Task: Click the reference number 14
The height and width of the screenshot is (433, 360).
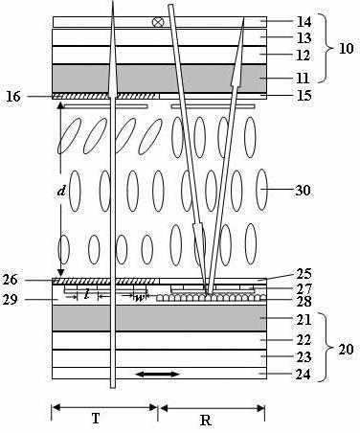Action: (x=304, y=22)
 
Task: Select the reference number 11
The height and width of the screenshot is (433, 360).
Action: (x=303, y=78)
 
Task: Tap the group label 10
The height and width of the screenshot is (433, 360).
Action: (x=346, y=49)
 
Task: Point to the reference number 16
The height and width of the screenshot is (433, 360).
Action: (x=13, y=97)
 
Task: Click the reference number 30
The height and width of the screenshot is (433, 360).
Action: (x=303, y=191)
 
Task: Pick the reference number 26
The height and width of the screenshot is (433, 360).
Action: (x=11, y=280)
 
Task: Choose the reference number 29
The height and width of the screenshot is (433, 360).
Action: (x=11, y=300)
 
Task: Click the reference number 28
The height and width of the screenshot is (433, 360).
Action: (x=304, y=301)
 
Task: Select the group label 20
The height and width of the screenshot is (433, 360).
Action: (x=346, y=350)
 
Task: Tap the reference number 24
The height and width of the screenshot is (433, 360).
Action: (x=304, y=375)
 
